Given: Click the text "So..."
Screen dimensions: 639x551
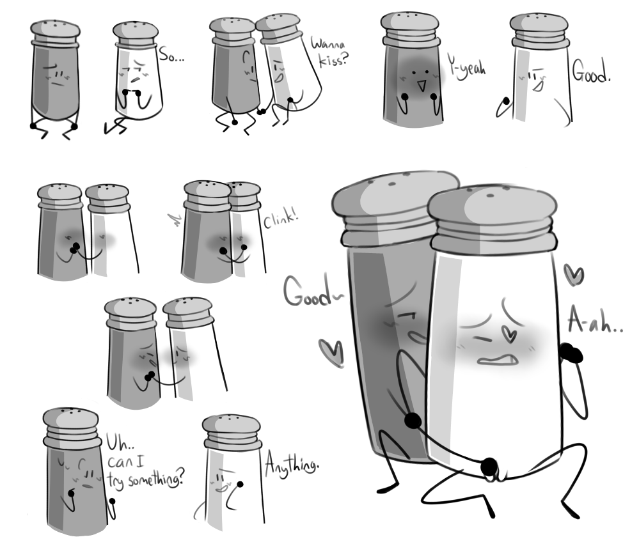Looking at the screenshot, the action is [171, 54].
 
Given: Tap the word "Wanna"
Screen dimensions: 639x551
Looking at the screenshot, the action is [328, 43].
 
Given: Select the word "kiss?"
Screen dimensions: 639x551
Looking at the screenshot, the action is [334, 60].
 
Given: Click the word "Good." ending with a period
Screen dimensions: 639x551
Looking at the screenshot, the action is [591, 72].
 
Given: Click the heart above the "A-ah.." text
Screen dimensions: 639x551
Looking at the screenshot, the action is [574, 274].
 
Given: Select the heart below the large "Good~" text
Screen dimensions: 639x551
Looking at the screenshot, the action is [332, 352].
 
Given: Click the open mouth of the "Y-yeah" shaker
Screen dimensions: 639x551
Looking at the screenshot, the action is [421, 86].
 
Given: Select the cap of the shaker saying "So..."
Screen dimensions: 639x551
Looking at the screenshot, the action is [136, 35].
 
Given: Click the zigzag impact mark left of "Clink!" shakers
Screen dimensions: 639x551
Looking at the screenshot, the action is [176, 219].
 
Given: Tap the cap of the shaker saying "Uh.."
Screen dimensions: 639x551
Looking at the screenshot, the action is [72, 427].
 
